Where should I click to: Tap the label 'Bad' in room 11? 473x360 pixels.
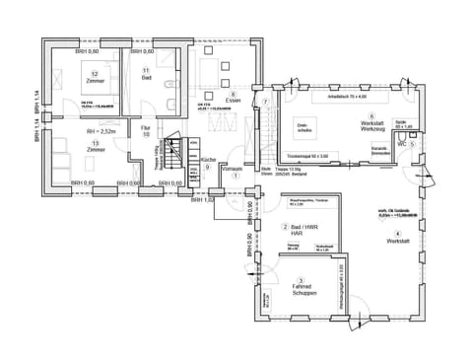click(145, 79)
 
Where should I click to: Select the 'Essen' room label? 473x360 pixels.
click(233, 100)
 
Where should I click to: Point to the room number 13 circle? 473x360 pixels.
click(95, 143)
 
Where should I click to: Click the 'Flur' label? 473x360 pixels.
click(145, 128)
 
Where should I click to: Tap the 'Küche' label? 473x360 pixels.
click(208, 159)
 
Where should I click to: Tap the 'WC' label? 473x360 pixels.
click(402, 144)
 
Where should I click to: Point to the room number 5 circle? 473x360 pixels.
click(414, 144)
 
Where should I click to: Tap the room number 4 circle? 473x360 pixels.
click(398, 233)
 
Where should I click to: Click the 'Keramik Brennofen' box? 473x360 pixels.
click(379, 151)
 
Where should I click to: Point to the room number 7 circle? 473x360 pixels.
click(265, 102)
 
